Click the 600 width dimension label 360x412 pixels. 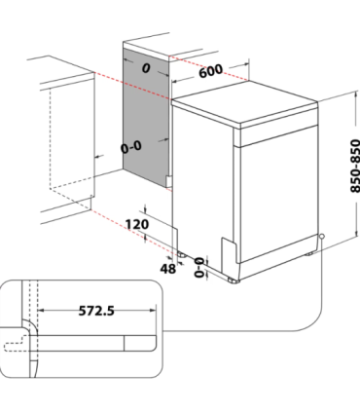[x=213, y=71]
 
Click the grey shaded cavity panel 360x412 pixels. [x=146, y=117]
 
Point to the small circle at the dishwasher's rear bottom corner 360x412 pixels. [x=320, y=237]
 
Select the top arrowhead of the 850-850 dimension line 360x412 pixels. [x=335, y=90]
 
